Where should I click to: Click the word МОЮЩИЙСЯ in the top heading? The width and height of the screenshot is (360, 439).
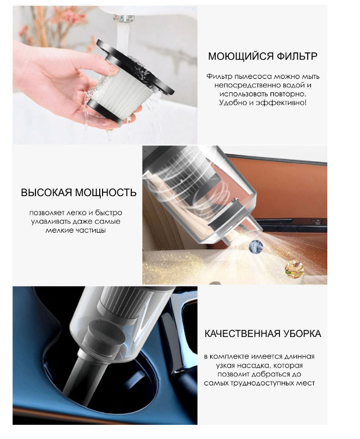[241, 56]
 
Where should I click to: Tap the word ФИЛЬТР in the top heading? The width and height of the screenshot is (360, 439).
[297, 56]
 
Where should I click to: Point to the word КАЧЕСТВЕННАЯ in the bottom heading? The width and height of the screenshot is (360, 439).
[242, 334]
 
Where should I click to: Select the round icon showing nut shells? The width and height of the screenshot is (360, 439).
[294, 269]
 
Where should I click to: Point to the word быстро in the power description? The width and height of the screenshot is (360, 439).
[109, 213]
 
